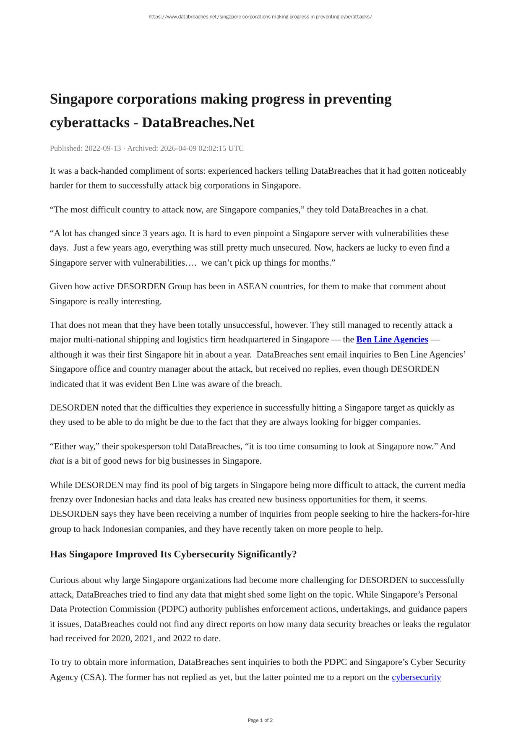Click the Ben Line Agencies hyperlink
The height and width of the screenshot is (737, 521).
point(392,340)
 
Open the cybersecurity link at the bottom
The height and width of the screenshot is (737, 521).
point(416,677)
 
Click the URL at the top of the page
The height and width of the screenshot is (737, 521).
point(260,17)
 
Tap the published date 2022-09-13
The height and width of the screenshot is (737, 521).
point(103,148)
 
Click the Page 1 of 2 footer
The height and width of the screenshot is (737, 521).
point(260,720)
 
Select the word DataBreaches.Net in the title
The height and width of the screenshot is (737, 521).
point(198,123)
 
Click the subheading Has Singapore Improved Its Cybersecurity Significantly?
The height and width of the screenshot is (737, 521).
point(173,554)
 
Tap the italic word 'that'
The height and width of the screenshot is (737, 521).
point(57,461)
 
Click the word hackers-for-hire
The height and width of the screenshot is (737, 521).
point(440,514)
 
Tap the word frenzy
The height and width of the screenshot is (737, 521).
point(63,499)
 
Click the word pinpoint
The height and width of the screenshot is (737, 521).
point(268,233)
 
